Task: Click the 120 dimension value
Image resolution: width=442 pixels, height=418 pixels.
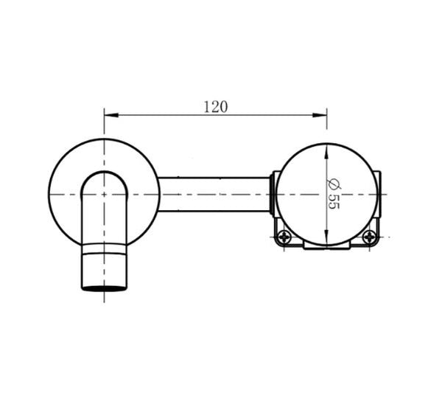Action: coord(215,106)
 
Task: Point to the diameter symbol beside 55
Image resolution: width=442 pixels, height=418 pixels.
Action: coord(333,183)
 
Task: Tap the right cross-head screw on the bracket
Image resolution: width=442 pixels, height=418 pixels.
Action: coord(368,237)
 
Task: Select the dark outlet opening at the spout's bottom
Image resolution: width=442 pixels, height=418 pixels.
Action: coord(104,288)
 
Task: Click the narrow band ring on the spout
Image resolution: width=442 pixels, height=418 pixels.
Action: coord(104,252)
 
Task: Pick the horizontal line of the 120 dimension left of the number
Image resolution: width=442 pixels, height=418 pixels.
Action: coord(155,114)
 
